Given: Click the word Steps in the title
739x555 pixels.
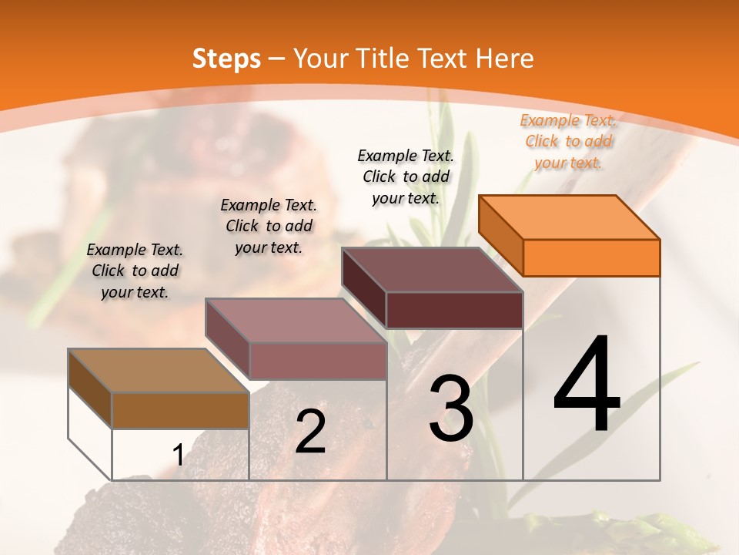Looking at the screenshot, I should pos(226,59).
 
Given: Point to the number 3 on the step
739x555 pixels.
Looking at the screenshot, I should pos(451,409).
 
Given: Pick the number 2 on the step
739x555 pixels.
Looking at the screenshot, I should pos(310,432).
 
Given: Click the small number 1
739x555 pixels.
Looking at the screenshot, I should pos(178,456).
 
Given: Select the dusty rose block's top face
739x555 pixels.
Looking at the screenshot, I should pos(296,321).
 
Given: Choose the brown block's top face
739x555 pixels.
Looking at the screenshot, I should pos(159,371).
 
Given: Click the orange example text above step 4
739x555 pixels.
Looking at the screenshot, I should pos(568,141).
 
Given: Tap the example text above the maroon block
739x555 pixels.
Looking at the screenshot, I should pos(406,177).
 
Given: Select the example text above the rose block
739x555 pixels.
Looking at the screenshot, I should pos(269,226).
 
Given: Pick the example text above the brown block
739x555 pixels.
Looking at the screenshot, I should pos(135,271).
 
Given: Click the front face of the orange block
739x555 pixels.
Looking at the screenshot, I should pos(591,257).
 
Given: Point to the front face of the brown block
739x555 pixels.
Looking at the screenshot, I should pos(180,410).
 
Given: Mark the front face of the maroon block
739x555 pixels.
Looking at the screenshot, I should pos(454,310).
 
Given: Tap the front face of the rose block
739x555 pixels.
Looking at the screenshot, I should pos(317,361).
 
